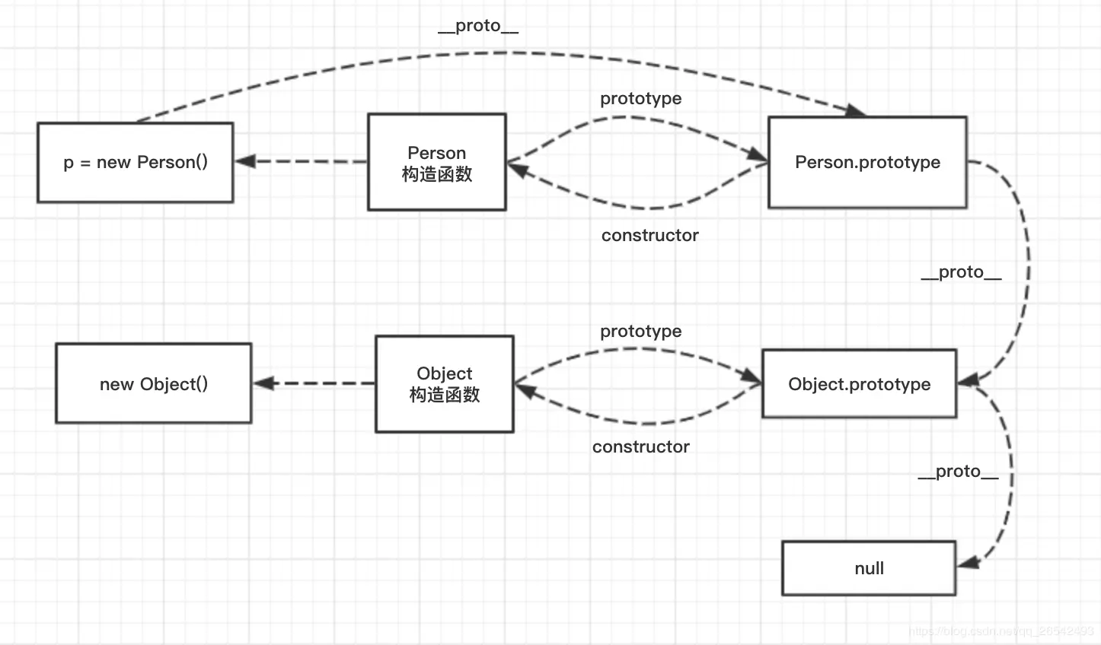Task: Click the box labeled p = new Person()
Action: [x=135, y=163]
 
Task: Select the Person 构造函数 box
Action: [x=436, y=163]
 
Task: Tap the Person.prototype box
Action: [x=867, y=163]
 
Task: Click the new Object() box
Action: [x=153, y=384]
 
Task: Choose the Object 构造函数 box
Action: [x=444, y=384]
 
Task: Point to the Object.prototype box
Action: [x=859, y=384]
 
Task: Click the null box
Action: [x=869, y=568]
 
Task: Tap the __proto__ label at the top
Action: [x=478, y=27]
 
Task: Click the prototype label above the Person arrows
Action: [x=640, y=99]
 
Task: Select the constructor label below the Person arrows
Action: [x=649, y=236]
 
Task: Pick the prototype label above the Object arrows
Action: [x=640, y=332]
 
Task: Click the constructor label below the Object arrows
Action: [x=640, y=447]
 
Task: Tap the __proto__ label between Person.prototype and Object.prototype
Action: [x=961, y=272]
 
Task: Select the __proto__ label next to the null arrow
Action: [x=958, y=472]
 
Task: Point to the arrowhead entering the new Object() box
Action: [x=263, y=383]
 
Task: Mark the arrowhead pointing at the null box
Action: [x=968, y=564]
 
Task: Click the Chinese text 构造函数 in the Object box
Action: [x=444, y=395]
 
